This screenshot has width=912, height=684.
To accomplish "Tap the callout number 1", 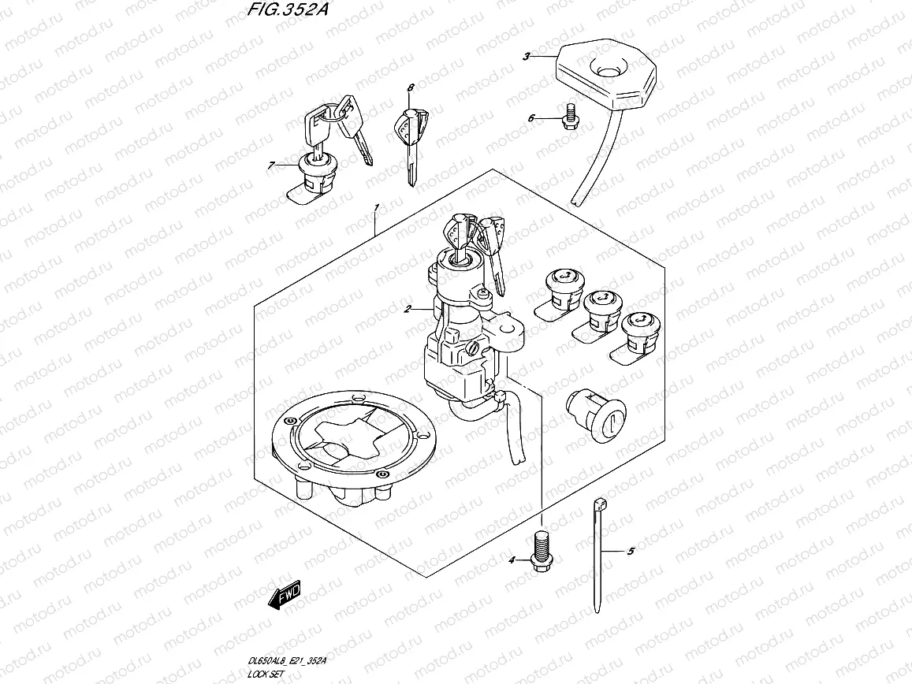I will pos(377,207).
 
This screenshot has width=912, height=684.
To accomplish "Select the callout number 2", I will pos(407,310).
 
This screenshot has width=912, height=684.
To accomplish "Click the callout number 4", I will pos(512,559).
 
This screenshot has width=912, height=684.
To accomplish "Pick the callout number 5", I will pos(630,552).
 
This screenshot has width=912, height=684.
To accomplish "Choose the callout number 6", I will pos(531,118).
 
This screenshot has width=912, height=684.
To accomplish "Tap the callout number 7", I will pos(271,165).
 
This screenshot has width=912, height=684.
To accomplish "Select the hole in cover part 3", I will pos(609,71).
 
